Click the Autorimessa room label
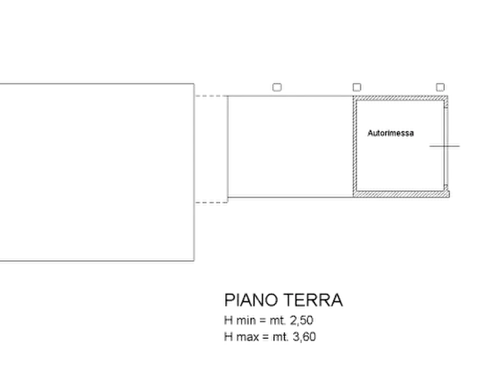390,133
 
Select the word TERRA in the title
313,300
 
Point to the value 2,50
301,320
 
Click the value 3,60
304,337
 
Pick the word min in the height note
246,320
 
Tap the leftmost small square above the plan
277,88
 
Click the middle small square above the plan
357,88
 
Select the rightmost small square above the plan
440,88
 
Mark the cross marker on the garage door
445,146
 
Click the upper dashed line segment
211,95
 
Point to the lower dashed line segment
211,203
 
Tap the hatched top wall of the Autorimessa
401,98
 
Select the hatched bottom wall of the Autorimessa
402,194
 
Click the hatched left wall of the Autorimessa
355,146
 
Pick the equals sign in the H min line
263,320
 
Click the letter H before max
228,337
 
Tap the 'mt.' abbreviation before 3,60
280,337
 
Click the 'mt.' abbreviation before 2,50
278,320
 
